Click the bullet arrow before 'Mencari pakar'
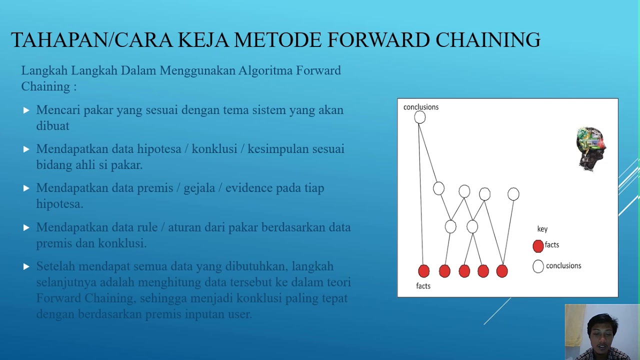coord(26,110)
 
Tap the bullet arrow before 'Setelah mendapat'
coord(26,267)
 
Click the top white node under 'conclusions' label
coord(420,117)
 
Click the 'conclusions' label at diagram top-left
coord(420,107)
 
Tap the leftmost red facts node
coord(423,271)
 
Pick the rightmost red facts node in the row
coord(502,271)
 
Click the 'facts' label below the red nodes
coord(423,286)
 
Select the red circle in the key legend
coord(538,245)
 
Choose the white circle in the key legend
coord(538,266)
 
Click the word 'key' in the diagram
coord(542,229)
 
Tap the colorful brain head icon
coord(591,148)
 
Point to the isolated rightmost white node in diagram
coord(513,194)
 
